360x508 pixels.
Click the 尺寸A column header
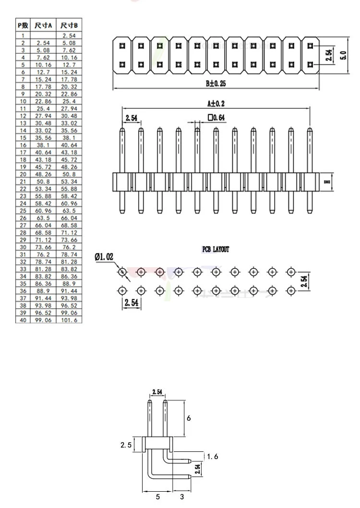pos(43,25)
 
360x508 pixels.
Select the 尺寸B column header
pos(69,25)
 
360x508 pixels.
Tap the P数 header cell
pos(23,25)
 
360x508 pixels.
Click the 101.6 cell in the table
pos(69,320)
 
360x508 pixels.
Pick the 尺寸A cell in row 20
pos(43,174)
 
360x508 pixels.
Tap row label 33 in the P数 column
pos(23,269)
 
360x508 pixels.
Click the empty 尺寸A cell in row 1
pos(43,35)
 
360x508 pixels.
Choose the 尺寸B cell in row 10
pos(69,101)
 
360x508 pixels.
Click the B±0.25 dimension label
pos(216,83)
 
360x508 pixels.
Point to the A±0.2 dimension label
pos(216,103)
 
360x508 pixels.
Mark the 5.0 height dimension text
pos(344,55)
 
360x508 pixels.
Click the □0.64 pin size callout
pos(216,117)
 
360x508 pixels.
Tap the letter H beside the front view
pos(327,182)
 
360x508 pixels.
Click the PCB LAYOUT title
pos(216,249)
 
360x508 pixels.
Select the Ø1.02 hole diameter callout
pos(104,257)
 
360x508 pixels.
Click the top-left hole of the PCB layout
pos(122,272)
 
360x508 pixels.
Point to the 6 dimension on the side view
pos(189,418)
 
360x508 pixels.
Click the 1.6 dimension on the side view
pos(213,457)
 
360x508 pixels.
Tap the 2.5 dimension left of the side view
pos(126,445)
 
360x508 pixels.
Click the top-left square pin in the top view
pos(122,46)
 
